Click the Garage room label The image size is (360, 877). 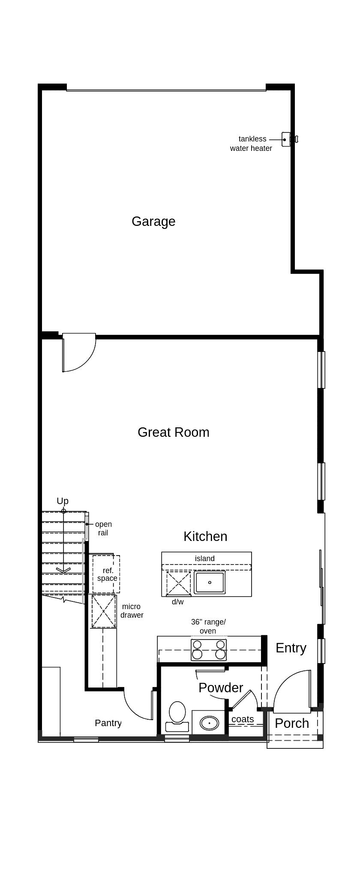tap(153, 221)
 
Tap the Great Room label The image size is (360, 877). tap(174, 432)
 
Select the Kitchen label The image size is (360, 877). tap(205, 536)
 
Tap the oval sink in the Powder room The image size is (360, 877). tap(209, 723)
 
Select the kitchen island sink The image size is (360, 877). tap(210, 582)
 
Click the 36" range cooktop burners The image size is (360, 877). tap(209, 649)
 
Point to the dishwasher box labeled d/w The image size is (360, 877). tap(178, 583)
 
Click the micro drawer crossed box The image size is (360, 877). tap(104, 611)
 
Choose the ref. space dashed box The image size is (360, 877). tap(106, 574)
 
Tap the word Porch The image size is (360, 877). tap(292, 723)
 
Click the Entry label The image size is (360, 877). tap(291, 648)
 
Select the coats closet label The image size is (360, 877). tap(243, 719)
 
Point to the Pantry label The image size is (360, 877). tap(108, 723)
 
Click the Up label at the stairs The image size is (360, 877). tap(63, 501)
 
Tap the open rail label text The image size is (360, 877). tap(103, 529)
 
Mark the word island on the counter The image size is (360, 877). tap(205, 559)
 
